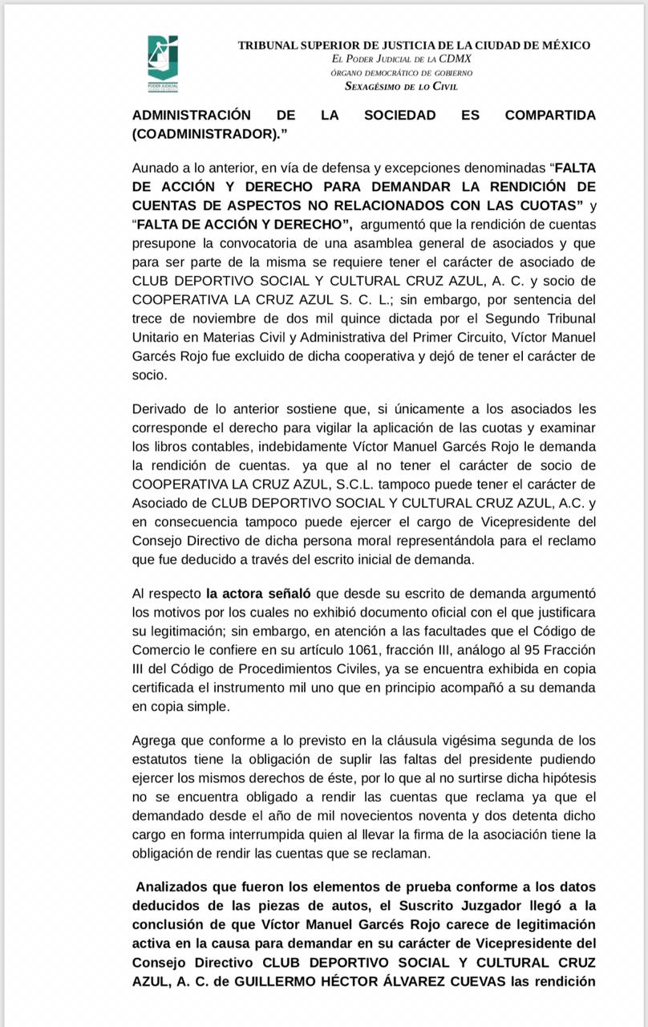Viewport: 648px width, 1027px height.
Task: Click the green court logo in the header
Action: coord(163,63)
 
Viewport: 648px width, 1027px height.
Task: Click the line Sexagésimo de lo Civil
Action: coord(401,87)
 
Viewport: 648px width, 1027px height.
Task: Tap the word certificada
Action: coord(166,688)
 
